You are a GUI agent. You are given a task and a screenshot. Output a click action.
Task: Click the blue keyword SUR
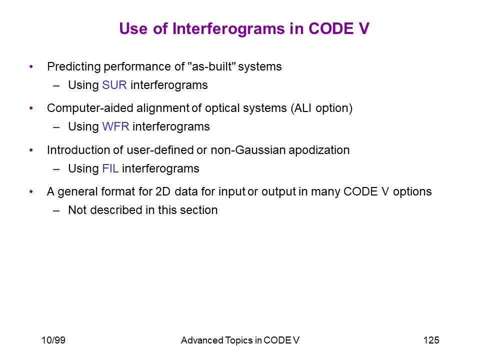point(114,85)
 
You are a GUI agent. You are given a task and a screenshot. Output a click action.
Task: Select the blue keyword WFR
point(115,126)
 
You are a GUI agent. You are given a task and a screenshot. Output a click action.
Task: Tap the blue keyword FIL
point(110,168)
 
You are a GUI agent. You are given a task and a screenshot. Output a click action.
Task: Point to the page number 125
point(431,340)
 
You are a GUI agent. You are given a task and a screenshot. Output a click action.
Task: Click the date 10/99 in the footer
point(53,340)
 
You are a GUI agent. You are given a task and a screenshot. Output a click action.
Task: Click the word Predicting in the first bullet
point(74,66)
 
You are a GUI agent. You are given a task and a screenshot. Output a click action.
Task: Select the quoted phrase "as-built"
point(211,66)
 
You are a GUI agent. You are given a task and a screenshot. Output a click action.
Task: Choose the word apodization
point(319,150)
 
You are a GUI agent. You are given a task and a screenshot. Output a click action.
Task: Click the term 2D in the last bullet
point(162,191)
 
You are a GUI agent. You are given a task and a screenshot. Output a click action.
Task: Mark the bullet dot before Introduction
point(31,150)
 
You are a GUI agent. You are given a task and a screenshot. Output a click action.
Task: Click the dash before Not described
point(56,210)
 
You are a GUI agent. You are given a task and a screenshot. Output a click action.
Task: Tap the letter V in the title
point(363,28)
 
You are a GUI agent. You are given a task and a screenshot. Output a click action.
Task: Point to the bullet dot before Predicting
point(31,66)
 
